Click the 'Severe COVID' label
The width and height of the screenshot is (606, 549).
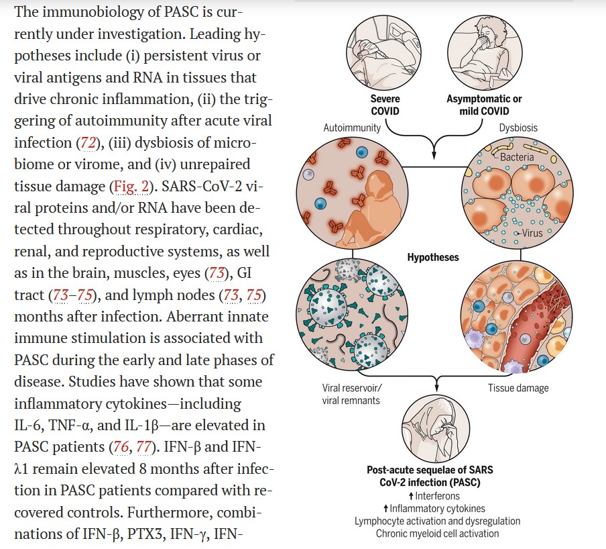coord(385,105)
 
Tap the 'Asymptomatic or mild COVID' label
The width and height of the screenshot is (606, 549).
coord(484,105)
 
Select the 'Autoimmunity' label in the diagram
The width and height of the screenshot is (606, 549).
coord(352,128)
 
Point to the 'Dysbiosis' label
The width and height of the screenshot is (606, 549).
coord(518,128)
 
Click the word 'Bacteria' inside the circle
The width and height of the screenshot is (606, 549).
coord(517,157)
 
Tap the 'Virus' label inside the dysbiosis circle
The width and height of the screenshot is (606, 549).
coord(532,234)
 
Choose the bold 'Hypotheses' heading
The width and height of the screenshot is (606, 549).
coord(434,257)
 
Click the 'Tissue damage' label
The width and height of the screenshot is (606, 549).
coord(518,388)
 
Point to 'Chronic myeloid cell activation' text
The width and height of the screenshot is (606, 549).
coord(437,534)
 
